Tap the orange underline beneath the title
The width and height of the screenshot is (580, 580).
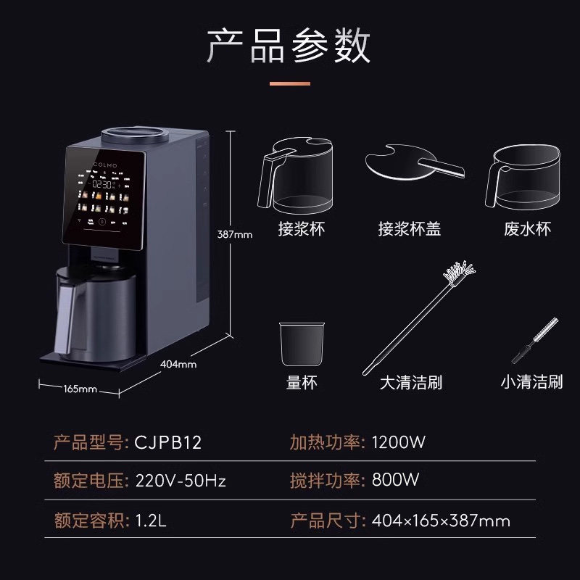[289, 83]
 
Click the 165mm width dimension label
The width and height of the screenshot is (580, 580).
[80, 389]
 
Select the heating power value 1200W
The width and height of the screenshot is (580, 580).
[398, 442]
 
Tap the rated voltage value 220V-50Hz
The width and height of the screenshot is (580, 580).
[181, 481]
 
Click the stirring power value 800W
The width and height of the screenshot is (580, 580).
[395, 481]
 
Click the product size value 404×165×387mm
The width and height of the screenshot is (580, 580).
[441, 520]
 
